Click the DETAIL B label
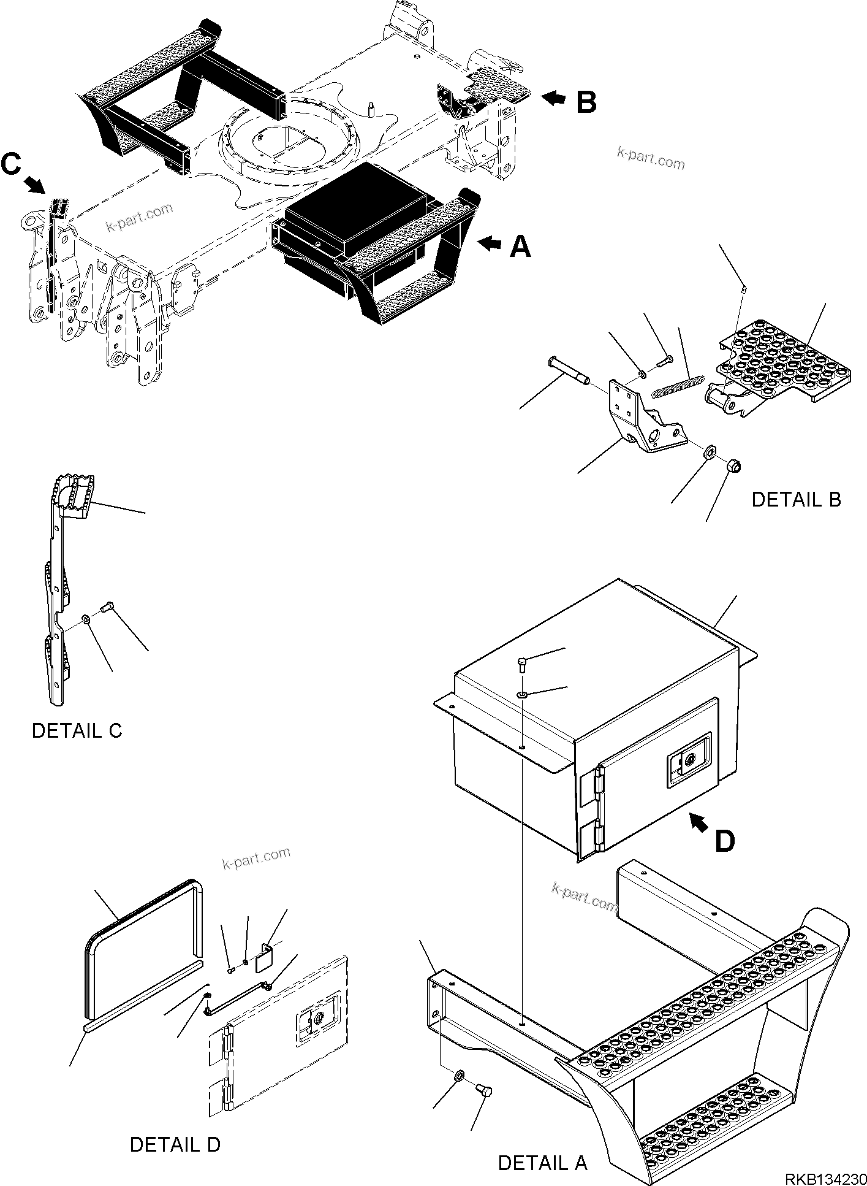796,500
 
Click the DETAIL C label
77,730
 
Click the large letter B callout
586,102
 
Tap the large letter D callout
724,841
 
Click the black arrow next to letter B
554,97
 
